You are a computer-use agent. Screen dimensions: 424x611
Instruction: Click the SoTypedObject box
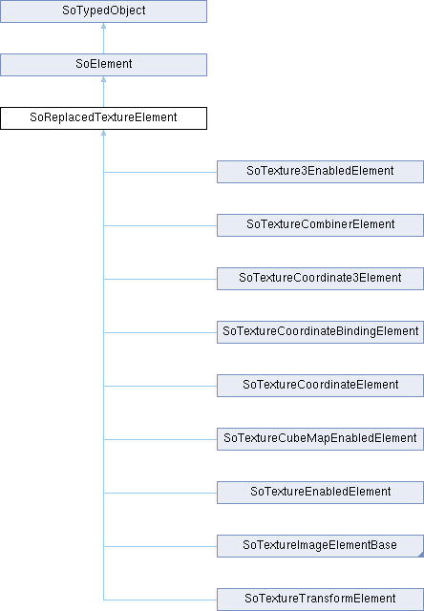point(103,11)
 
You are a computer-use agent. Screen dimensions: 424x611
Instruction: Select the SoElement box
point(103,65)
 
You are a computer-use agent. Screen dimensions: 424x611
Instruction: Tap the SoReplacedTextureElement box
point(103,118)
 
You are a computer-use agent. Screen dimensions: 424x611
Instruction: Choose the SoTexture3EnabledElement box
point(320,172)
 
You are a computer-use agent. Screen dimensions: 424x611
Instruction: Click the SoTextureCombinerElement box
point(320,225)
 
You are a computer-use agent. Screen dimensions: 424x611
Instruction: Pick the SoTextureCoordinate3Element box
point(320,279)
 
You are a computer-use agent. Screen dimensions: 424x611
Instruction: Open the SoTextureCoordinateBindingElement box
point(320,332)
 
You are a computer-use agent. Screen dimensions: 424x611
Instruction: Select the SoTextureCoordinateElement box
point(320,386)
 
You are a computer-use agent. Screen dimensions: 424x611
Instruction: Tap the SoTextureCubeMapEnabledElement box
point(320,439)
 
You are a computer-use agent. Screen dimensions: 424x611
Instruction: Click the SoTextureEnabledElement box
point(320,493)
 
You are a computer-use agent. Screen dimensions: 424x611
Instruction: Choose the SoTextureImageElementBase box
point(320,546)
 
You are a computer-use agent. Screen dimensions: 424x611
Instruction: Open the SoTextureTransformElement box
point(320,600)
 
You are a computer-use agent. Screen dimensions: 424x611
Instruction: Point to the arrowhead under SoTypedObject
point(104,26)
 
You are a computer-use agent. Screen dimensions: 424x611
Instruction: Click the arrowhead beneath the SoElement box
point(104,79)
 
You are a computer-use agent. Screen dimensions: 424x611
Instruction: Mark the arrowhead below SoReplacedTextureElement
point(104,133)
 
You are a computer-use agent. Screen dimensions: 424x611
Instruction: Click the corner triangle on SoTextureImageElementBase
point(421,555)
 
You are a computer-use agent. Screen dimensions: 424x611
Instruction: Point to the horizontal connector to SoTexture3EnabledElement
point(160,172)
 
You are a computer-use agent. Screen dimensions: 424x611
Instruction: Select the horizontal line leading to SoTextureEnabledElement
point(160,493)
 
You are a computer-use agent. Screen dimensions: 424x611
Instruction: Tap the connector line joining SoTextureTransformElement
point(160,600)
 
